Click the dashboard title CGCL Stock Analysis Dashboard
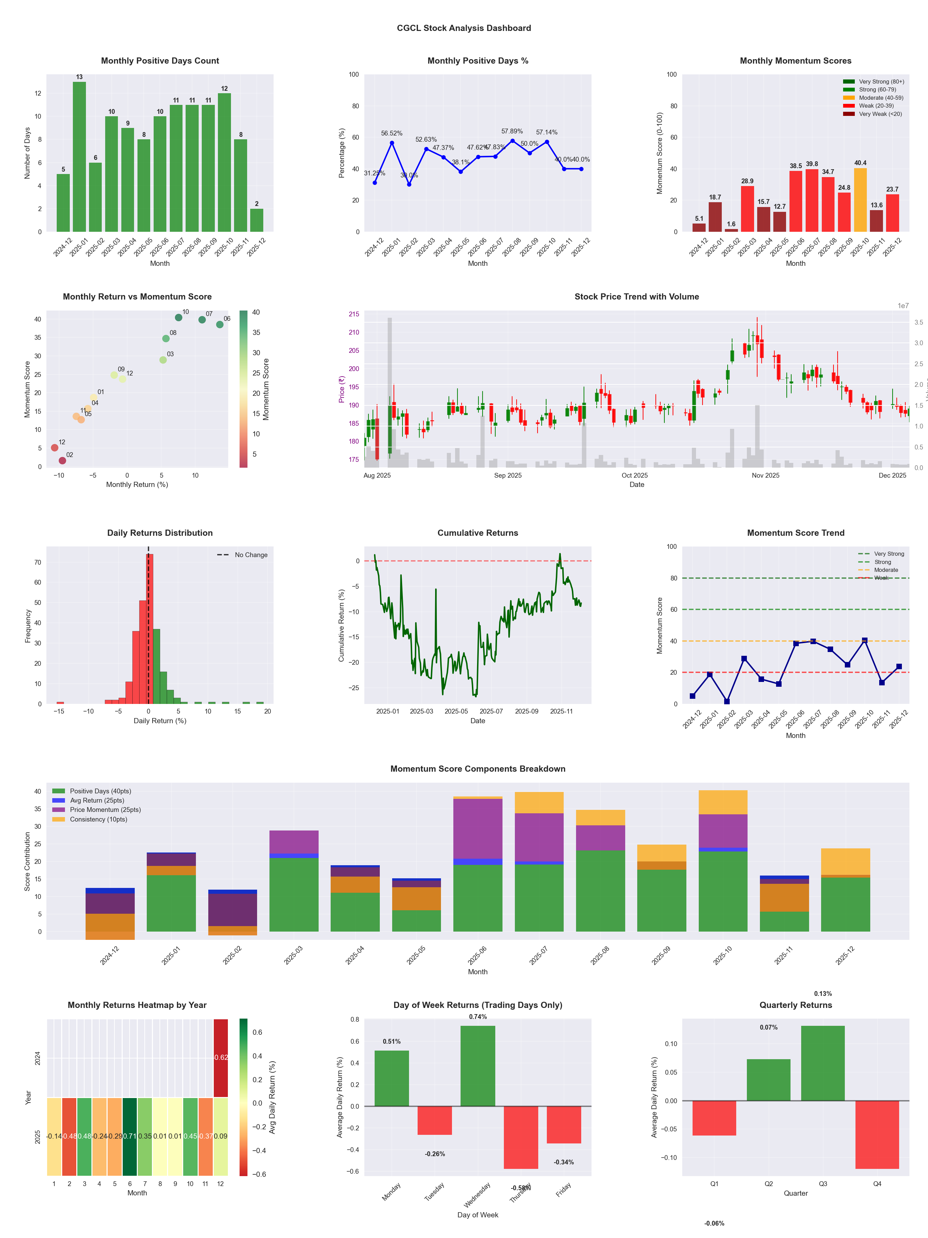(464, 28)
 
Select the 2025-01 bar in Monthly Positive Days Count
(79, 157)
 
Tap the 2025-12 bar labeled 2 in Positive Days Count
(257, 220)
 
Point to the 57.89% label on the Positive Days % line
(512, 131)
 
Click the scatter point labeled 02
(62, 460)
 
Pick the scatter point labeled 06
(220, 325)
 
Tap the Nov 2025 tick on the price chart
(765, 476)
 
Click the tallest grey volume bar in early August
(390, 392)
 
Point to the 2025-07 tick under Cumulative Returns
(491, 712)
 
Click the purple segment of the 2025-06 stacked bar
(478, 828)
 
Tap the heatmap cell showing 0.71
(130, 1136)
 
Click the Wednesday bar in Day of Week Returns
(478, 1066)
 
